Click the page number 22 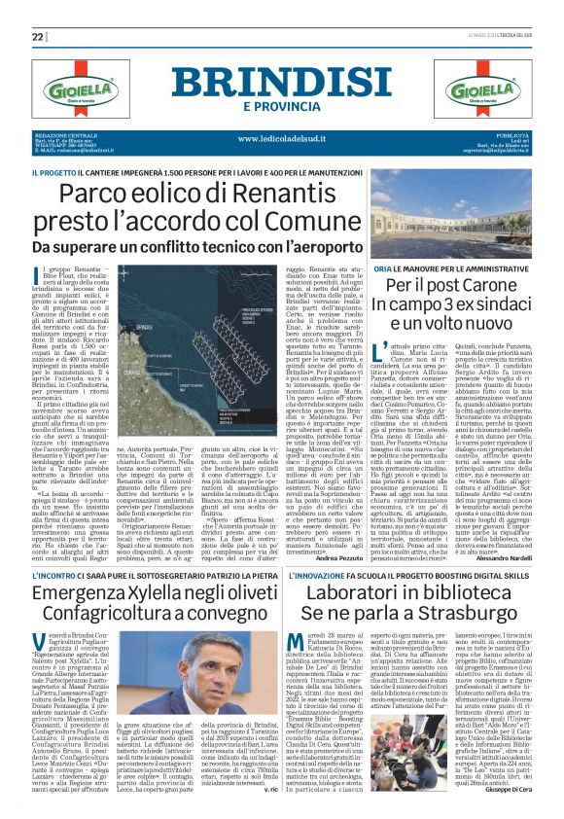tap(38, 37)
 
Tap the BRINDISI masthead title tap(280, 81)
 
